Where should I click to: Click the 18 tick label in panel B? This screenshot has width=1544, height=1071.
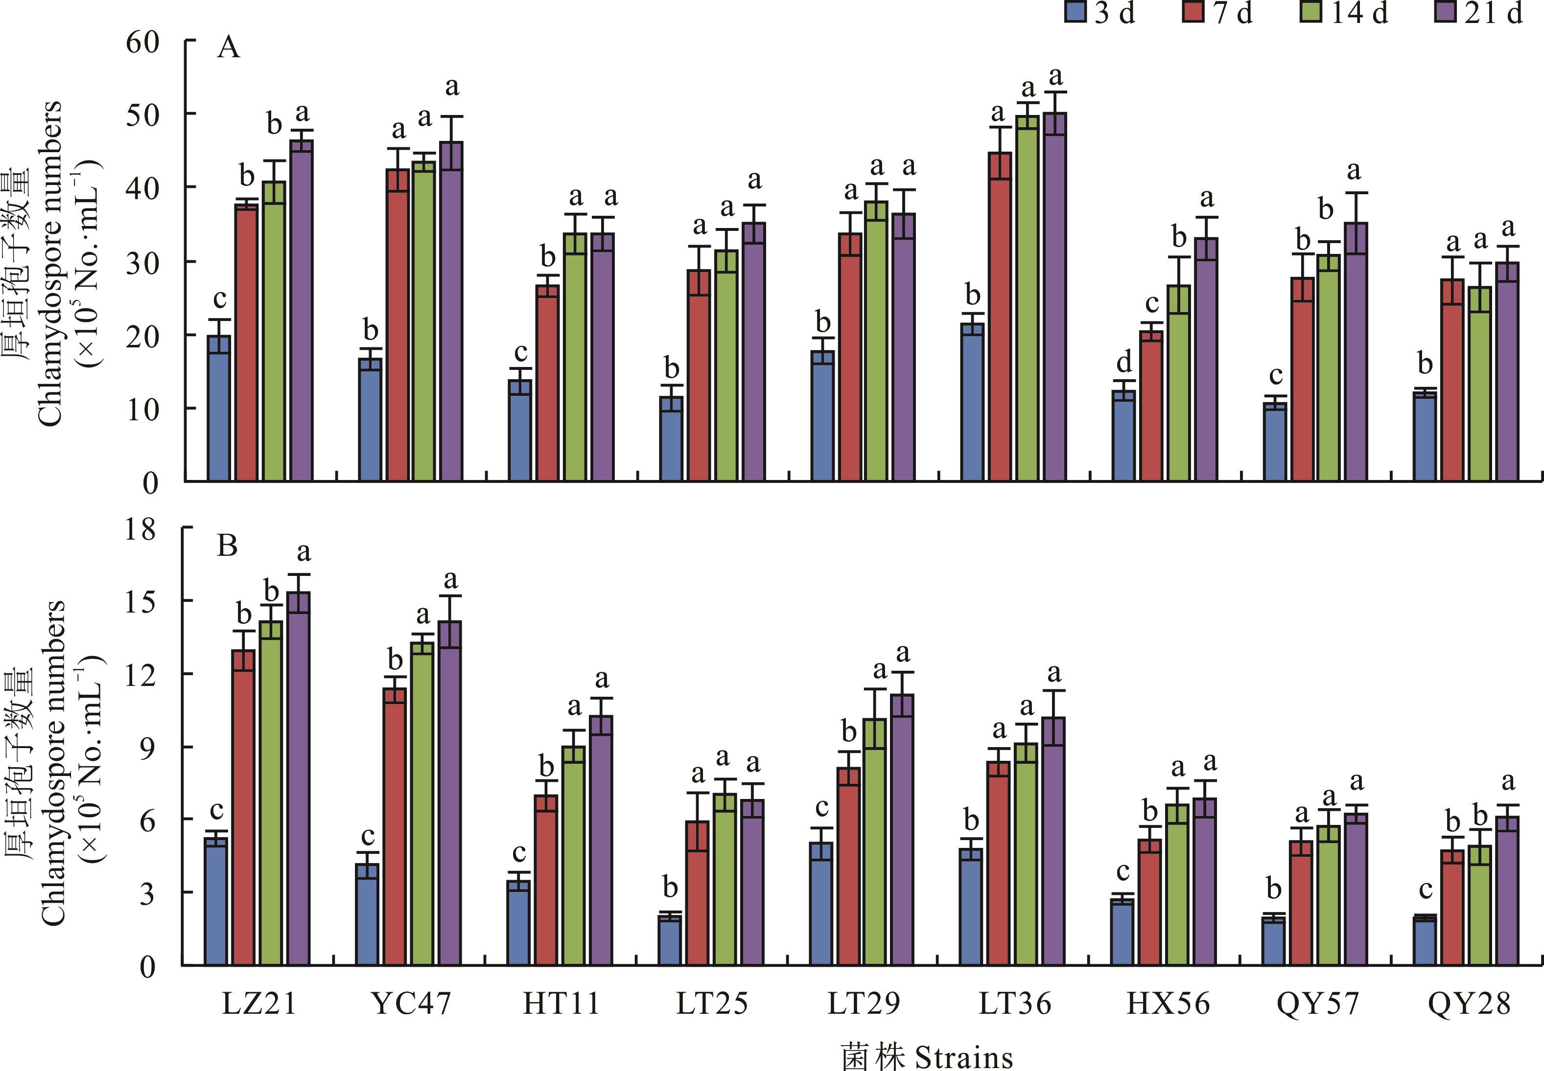pyautogui.click(x=140, y=530)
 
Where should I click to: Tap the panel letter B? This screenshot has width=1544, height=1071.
pyautogui.click(x=227, y=546)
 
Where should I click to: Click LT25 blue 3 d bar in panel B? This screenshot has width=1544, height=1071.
pyautogui.click(x=669, y=940)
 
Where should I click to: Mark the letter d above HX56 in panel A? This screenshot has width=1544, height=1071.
pyautogui.click(x=1124, y=363)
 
